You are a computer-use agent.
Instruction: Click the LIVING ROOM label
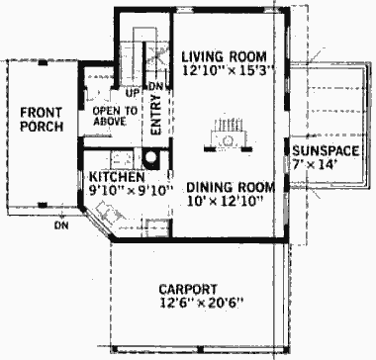(x=224, y=56)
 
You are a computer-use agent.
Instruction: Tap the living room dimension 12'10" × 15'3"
(x=229, y=70)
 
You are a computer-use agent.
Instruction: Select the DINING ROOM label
(x=231, y=187)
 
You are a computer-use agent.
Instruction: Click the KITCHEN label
(x=117, y=177)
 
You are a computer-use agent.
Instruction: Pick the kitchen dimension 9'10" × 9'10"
(x=132, y=191)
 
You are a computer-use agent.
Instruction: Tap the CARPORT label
(x=188, y=289)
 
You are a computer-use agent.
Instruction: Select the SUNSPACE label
(x=326, y=150)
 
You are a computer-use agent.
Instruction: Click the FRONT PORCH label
(x=42, y=120)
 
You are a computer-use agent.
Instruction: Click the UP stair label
(x=132, y=94)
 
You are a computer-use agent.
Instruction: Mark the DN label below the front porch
(x=61, y=225)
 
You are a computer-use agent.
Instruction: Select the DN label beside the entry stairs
(x=155, y=87)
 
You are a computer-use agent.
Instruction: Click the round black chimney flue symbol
(x=151, y=157)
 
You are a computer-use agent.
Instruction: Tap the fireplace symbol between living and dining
(x=229, y=136)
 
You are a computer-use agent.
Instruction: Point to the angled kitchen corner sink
(x=109, y=213)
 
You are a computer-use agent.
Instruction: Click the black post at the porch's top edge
(x=43, y=62)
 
